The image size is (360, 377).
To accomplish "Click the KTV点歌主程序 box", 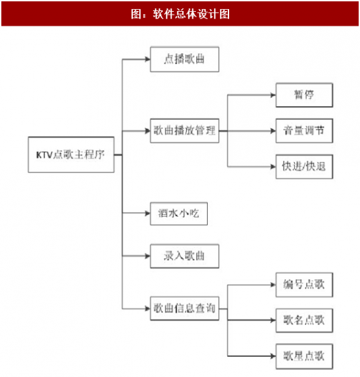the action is pos(71,155).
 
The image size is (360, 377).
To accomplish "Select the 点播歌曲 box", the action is pos(184,60).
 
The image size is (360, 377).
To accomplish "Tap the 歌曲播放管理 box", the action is pos(184,131).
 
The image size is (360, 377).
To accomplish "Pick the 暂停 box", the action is pos(304,95).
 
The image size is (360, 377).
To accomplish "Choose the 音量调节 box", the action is pos(304,131).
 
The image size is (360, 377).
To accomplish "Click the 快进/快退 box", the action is pos(304,166).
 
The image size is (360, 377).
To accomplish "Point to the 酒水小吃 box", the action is pos(179,213).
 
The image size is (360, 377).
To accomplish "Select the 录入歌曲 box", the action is pos(184,256).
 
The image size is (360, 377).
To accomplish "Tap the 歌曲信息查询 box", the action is pos(184,308).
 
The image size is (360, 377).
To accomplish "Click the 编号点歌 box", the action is pos(304,285).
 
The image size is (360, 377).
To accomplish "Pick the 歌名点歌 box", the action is pos(304,320).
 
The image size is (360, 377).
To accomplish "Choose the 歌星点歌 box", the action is pos(304,356).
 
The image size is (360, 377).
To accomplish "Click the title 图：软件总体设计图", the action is pos(180,14).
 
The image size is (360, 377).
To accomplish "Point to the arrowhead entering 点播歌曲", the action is pos(147,60).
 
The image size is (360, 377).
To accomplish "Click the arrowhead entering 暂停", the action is pos(273,95).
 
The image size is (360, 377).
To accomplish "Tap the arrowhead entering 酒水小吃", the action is pos(147,213).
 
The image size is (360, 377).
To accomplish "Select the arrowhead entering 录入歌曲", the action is pos(147,256).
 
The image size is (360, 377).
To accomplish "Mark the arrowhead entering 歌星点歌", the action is pos(273,356).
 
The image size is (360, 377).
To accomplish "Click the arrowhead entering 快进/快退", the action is pos(273,166).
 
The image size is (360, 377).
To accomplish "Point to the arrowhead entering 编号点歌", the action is pos(273,285).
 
